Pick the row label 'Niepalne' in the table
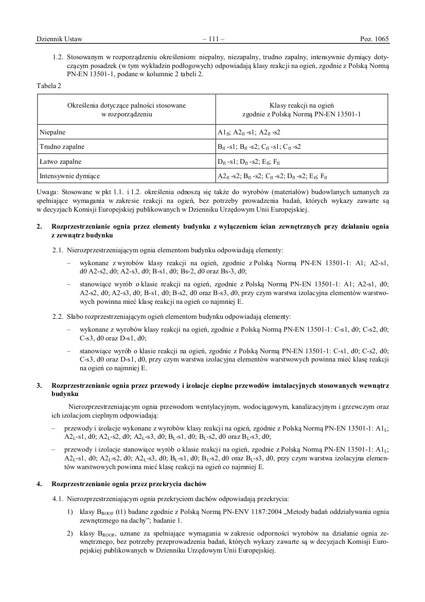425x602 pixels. pos(52,132)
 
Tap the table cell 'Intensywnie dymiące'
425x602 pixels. pos(69,176)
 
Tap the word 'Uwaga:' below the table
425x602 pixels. pos(48,192)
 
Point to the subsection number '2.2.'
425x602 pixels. pos(58,314)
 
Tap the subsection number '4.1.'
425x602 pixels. pos(58,498)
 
